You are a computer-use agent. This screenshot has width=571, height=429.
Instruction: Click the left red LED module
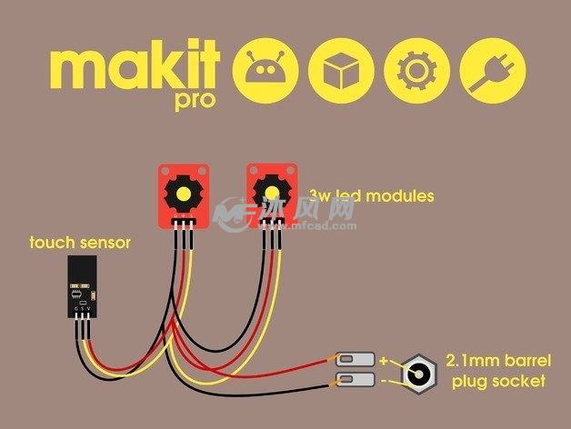coord(185,193)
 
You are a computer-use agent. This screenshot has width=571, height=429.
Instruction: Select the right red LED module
coord(272,190)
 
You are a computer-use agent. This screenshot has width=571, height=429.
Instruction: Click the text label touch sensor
coord(81,243)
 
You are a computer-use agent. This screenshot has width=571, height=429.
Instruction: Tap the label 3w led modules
coord(371,195)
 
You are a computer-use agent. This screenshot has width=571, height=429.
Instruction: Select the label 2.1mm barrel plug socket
coord(496,369)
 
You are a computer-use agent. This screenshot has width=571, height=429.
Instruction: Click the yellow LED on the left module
coord(185,193)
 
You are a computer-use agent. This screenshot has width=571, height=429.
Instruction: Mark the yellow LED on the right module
coord(272,188)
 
